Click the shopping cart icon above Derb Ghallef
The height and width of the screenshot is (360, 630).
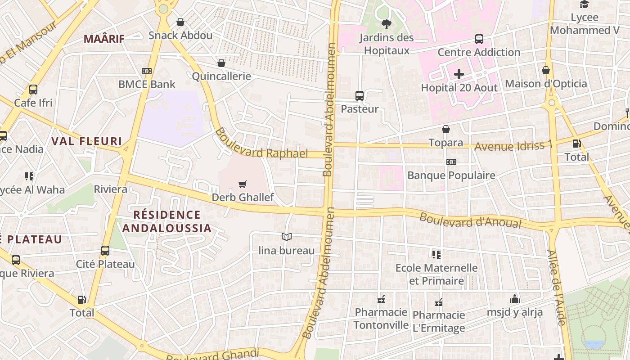[243, 184]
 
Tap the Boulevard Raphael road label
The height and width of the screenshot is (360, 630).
[261, 144]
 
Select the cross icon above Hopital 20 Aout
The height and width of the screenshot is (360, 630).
[459, 74]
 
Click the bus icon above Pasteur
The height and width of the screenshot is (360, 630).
[359, 95]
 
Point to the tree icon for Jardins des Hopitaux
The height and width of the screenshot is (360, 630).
[386, 24]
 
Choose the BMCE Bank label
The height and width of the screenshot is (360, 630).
[147, 84]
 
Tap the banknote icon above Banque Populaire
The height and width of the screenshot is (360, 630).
[451, 162]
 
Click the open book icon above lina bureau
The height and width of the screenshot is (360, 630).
[286, 237]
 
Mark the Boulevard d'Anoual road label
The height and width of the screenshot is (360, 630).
[470, 220]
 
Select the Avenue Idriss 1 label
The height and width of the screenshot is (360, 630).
[513, 146]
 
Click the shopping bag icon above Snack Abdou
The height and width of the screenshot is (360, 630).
[180, 22]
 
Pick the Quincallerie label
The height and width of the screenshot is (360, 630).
[221, 76]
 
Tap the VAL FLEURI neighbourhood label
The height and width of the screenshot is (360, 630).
[86, 141]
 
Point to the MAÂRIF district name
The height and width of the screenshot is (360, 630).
[104, 39]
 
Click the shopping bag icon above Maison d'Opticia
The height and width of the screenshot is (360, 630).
[546, 70]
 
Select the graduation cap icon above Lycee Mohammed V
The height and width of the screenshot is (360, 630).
[584, 4]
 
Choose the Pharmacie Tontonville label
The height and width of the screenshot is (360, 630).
[381, 318]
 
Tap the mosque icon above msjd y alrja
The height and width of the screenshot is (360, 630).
[515, 299]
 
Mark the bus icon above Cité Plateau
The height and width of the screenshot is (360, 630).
[105, 251]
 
